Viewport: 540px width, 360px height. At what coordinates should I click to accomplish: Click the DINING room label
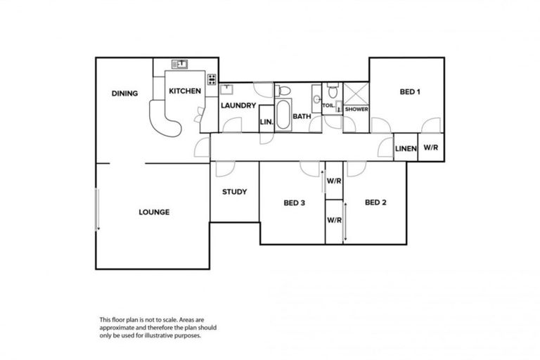pos(124,94)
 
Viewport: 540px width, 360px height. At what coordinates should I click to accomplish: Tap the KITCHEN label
pos(185,91)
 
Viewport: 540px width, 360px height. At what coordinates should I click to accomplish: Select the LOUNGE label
pos(153,212)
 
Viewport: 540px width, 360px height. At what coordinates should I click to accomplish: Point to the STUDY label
pos(234,191)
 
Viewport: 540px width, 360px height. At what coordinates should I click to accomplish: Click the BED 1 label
pos(410,91)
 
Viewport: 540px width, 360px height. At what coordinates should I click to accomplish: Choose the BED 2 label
pos(376,202)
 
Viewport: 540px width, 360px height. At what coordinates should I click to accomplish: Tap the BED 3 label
pos(294,203)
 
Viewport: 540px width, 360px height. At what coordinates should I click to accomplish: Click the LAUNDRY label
pos(237,105)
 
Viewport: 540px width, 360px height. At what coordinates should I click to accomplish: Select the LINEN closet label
pos(406,148)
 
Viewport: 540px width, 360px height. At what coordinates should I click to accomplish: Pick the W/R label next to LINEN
pos(430,148)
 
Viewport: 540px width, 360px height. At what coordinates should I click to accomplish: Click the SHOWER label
pos(356,109)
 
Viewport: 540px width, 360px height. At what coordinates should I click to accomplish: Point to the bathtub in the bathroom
pos(283,115)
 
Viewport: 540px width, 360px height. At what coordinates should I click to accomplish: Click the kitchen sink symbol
pos(181,64)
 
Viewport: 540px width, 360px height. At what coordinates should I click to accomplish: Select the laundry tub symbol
pos(227,89)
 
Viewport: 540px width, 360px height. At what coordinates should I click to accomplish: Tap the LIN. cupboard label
pos(266,121)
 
